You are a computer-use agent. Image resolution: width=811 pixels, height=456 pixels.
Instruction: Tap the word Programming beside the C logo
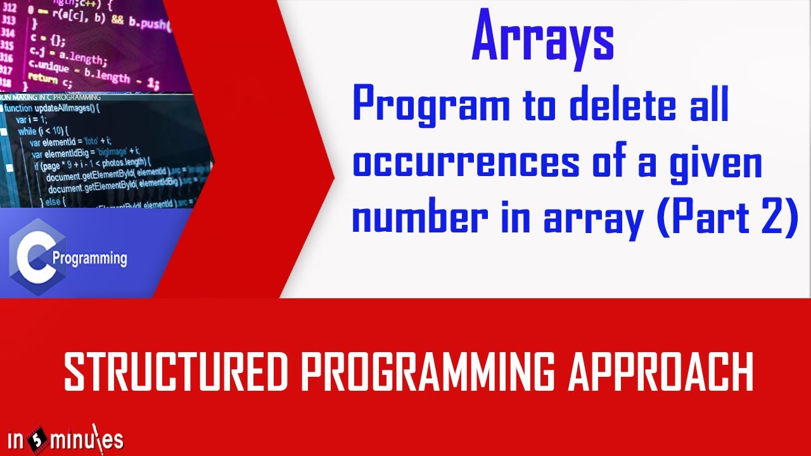[x=89, y=259]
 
